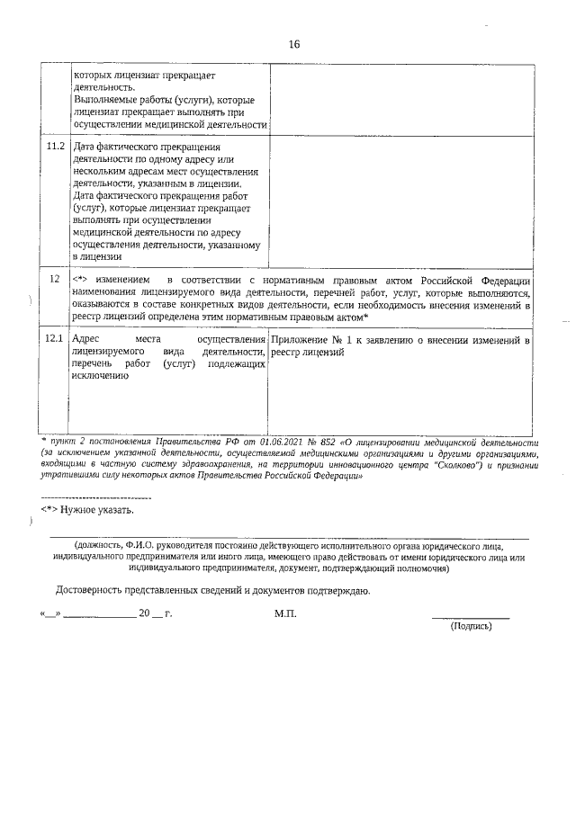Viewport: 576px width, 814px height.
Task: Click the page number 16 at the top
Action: point(293,45)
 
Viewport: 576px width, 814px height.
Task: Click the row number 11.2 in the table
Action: point(55,147)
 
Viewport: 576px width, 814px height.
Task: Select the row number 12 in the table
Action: point(55,280)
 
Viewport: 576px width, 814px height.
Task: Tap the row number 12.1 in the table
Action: point(55,339)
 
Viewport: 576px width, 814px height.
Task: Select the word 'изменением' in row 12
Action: point(113,280)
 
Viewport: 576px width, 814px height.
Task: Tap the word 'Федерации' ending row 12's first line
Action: point(501,280)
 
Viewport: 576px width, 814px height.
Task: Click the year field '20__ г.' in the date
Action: point(154,613)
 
